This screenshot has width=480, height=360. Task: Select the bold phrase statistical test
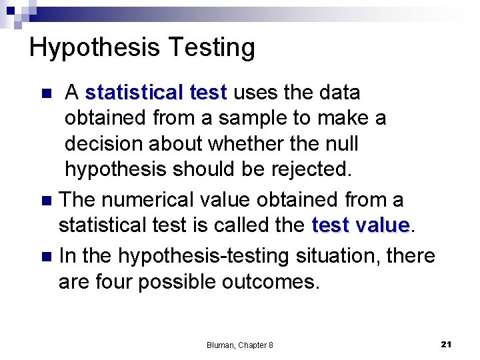[156, 92]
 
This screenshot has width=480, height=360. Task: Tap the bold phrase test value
[360, 225]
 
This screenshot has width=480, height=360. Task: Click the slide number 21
[447, 344]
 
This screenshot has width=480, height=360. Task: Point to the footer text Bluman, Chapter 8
[239, 345]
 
